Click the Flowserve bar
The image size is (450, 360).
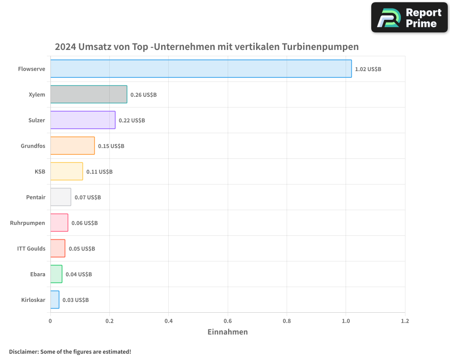(x=201, y=69)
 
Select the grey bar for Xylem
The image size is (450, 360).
(x=89, y=94)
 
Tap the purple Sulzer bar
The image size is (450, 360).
(x=83, y=120)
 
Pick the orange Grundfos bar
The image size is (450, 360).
(x=72, y=146)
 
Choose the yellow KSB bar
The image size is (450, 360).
(x=67, y=171)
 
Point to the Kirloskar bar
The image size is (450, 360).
(x=54, y=300)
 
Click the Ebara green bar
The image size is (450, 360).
(x=56, y=274)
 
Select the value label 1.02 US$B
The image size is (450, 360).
(x=368, y=69)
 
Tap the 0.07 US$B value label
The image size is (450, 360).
(x=88, y=198)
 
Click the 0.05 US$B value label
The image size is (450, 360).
(x=82, y=249)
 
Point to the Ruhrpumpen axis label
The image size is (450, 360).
(x=27, y=223)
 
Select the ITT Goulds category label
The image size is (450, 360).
(x=31, y=248)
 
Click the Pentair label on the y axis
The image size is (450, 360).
(x=36, y=197)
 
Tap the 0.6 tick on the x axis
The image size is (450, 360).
(x=228, y=321)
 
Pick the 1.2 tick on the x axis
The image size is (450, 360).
(x=405, y=321)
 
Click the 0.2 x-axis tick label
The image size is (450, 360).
(x=109, y=321)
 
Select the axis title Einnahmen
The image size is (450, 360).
(x=227, y=332)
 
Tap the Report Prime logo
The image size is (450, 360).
(x=409, y=18)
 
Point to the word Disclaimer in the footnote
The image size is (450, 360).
(x=23, y=351)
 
